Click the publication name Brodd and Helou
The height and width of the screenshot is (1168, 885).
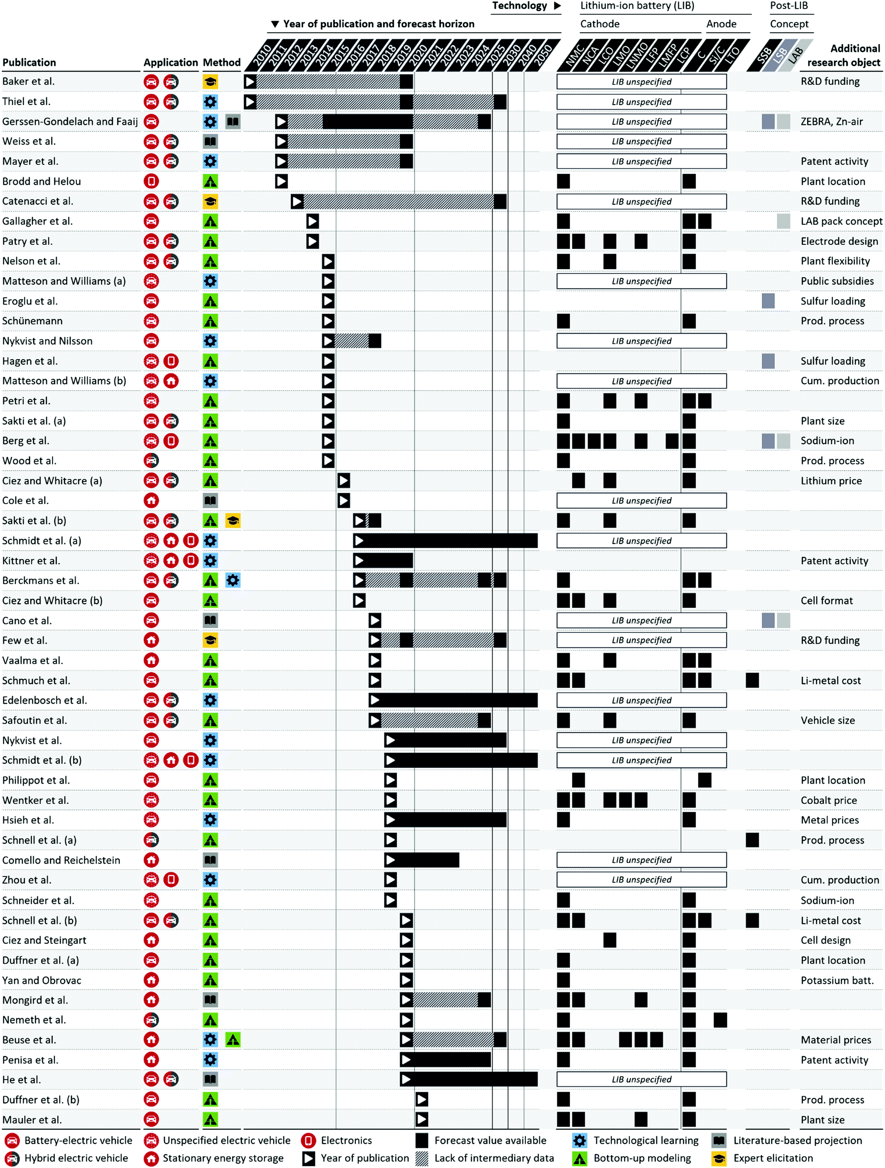pos(42,181)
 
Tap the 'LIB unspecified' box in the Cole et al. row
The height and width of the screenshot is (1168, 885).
pos(641,500)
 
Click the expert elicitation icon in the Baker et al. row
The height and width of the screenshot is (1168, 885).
pos(210,82)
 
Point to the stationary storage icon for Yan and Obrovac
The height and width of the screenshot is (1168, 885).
pos(151,981)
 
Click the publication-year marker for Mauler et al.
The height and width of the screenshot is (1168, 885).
pos(422,1119)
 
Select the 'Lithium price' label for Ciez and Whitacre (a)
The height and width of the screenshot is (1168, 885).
pos(831,481)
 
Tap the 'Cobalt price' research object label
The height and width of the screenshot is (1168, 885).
pos(828,800)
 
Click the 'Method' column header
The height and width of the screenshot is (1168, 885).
pos(222,62)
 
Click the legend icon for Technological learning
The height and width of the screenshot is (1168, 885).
pos(580,1140)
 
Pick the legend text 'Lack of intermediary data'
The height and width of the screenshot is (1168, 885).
pos(494,1158)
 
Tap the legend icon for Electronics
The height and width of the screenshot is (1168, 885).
pos(309,1140)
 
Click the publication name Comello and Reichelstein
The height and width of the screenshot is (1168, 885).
pos(61,860)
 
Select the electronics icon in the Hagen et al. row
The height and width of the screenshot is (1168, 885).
pos(171,361)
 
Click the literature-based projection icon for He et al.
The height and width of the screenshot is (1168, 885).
pos(210,1080)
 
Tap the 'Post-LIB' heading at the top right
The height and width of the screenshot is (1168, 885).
pos(788,6)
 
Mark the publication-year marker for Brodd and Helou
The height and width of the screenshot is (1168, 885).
pos(281,181)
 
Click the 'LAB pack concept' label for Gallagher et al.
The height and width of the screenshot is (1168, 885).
pos(841,221)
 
